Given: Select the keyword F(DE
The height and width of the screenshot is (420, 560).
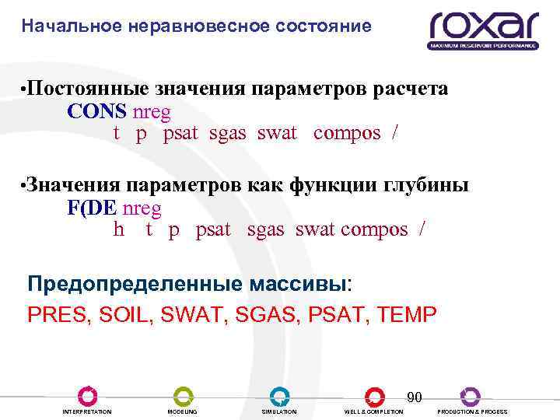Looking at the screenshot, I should click(x=94, y=208).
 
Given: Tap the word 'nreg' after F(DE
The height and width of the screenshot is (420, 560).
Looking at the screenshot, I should click(x=142, y=208).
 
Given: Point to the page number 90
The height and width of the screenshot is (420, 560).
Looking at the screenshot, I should click(x=415, y=397).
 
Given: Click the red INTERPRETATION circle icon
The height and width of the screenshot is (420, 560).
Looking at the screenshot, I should click(x=87, y=396).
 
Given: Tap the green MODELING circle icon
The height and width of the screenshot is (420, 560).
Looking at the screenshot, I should click(x=183, y=396).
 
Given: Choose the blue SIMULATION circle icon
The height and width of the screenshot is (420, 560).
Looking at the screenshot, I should click(x=279, y=396).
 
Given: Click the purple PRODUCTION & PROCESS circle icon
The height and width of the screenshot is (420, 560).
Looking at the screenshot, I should click(x=470, y=396).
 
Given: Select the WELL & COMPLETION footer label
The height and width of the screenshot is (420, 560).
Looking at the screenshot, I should click(x=374, y=411).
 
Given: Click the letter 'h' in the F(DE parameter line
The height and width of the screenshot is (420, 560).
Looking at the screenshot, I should click(x=119, y=229).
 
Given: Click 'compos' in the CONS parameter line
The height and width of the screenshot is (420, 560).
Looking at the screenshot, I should click(x=347, y=133).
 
